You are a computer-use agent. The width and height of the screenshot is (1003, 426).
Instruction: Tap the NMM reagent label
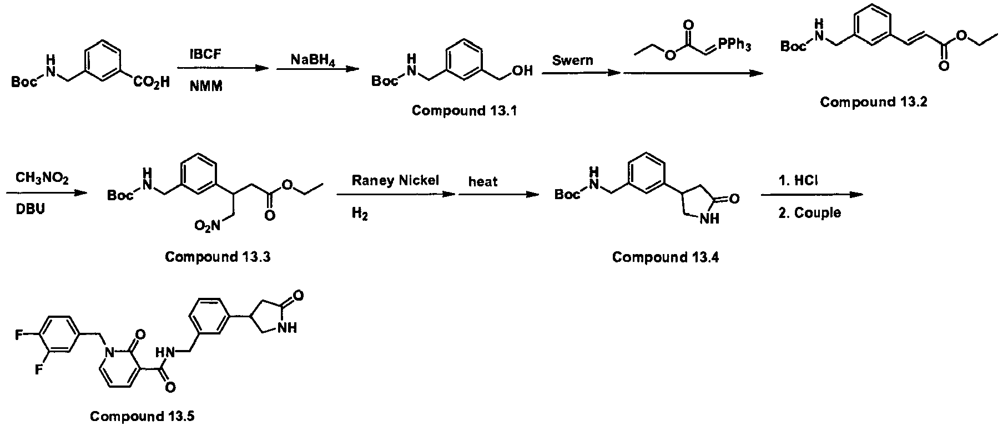click(x=206, y=87)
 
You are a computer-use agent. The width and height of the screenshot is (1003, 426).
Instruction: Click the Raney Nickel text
click(x=395, y=181)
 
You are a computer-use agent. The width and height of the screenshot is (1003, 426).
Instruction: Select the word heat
click(x=483, y=181)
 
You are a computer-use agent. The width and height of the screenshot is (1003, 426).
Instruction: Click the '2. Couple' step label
click(x=809, y=213)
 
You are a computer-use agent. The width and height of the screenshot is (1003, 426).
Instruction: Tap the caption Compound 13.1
click(x=464, y=110)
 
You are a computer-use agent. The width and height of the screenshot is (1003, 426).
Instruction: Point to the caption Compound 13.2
click(x=873, y=102)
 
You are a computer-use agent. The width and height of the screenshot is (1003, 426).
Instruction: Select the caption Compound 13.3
click(x=218, y=257)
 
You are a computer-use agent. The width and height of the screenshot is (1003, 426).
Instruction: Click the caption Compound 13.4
click(x=665, y=257)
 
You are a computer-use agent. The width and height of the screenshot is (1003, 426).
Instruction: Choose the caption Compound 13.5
click(x=143, y=416)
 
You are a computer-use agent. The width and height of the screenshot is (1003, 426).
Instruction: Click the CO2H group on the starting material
click(x=151, y=83)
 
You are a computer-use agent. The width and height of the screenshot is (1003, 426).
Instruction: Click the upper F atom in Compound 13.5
click(x=19, y=335)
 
